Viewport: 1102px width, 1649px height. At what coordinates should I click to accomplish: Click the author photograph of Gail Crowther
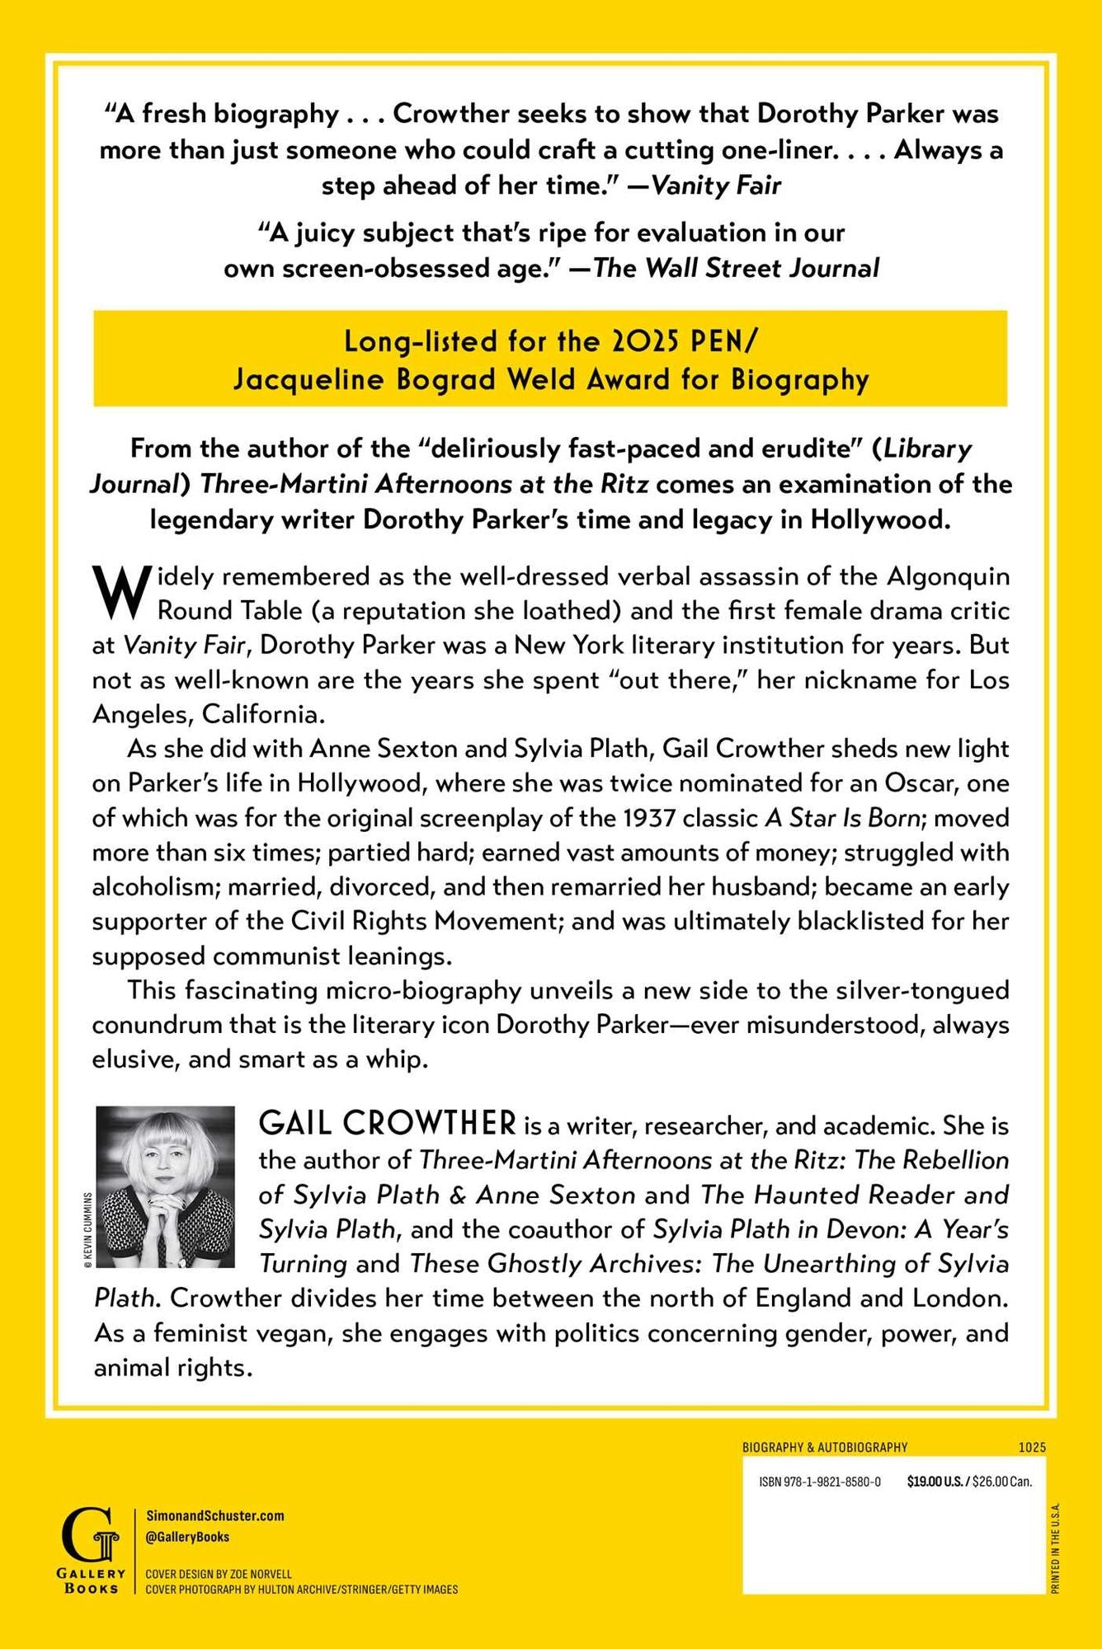[x=166, y=1186]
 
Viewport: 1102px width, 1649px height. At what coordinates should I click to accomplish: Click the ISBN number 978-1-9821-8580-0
[x=820, y=1482]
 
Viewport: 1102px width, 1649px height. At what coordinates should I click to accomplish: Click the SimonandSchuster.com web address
[x=214, y=1515]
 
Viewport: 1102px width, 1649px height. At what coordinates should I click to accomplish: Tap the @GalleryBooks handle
[x=187, y=1537]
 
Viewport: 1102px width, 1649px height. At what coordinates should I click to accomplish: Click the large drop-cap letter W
[x=122, y=592]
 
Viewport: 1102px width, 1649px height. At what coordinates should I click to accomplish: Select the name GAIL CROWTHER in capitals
[x=388, y=1124]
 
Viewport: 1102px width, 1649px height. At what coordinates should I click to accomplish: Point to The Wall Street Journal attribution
[x=736, y=268]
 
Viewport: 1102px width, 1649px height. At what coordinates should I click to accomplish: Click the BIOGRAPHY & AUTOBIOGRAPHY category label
[x=825, y=1447]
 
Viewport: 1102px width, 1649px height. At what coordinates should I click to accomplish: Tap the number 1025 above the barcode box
[x=1032, y=1447]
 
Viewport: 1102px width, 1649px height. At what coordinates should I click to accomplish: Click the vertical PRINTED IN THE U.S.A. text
[x=1057, y=1548]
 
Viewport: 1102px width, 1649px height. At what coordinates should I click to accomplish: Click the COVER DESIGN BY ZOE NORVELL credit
[x=219, y=1574]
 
